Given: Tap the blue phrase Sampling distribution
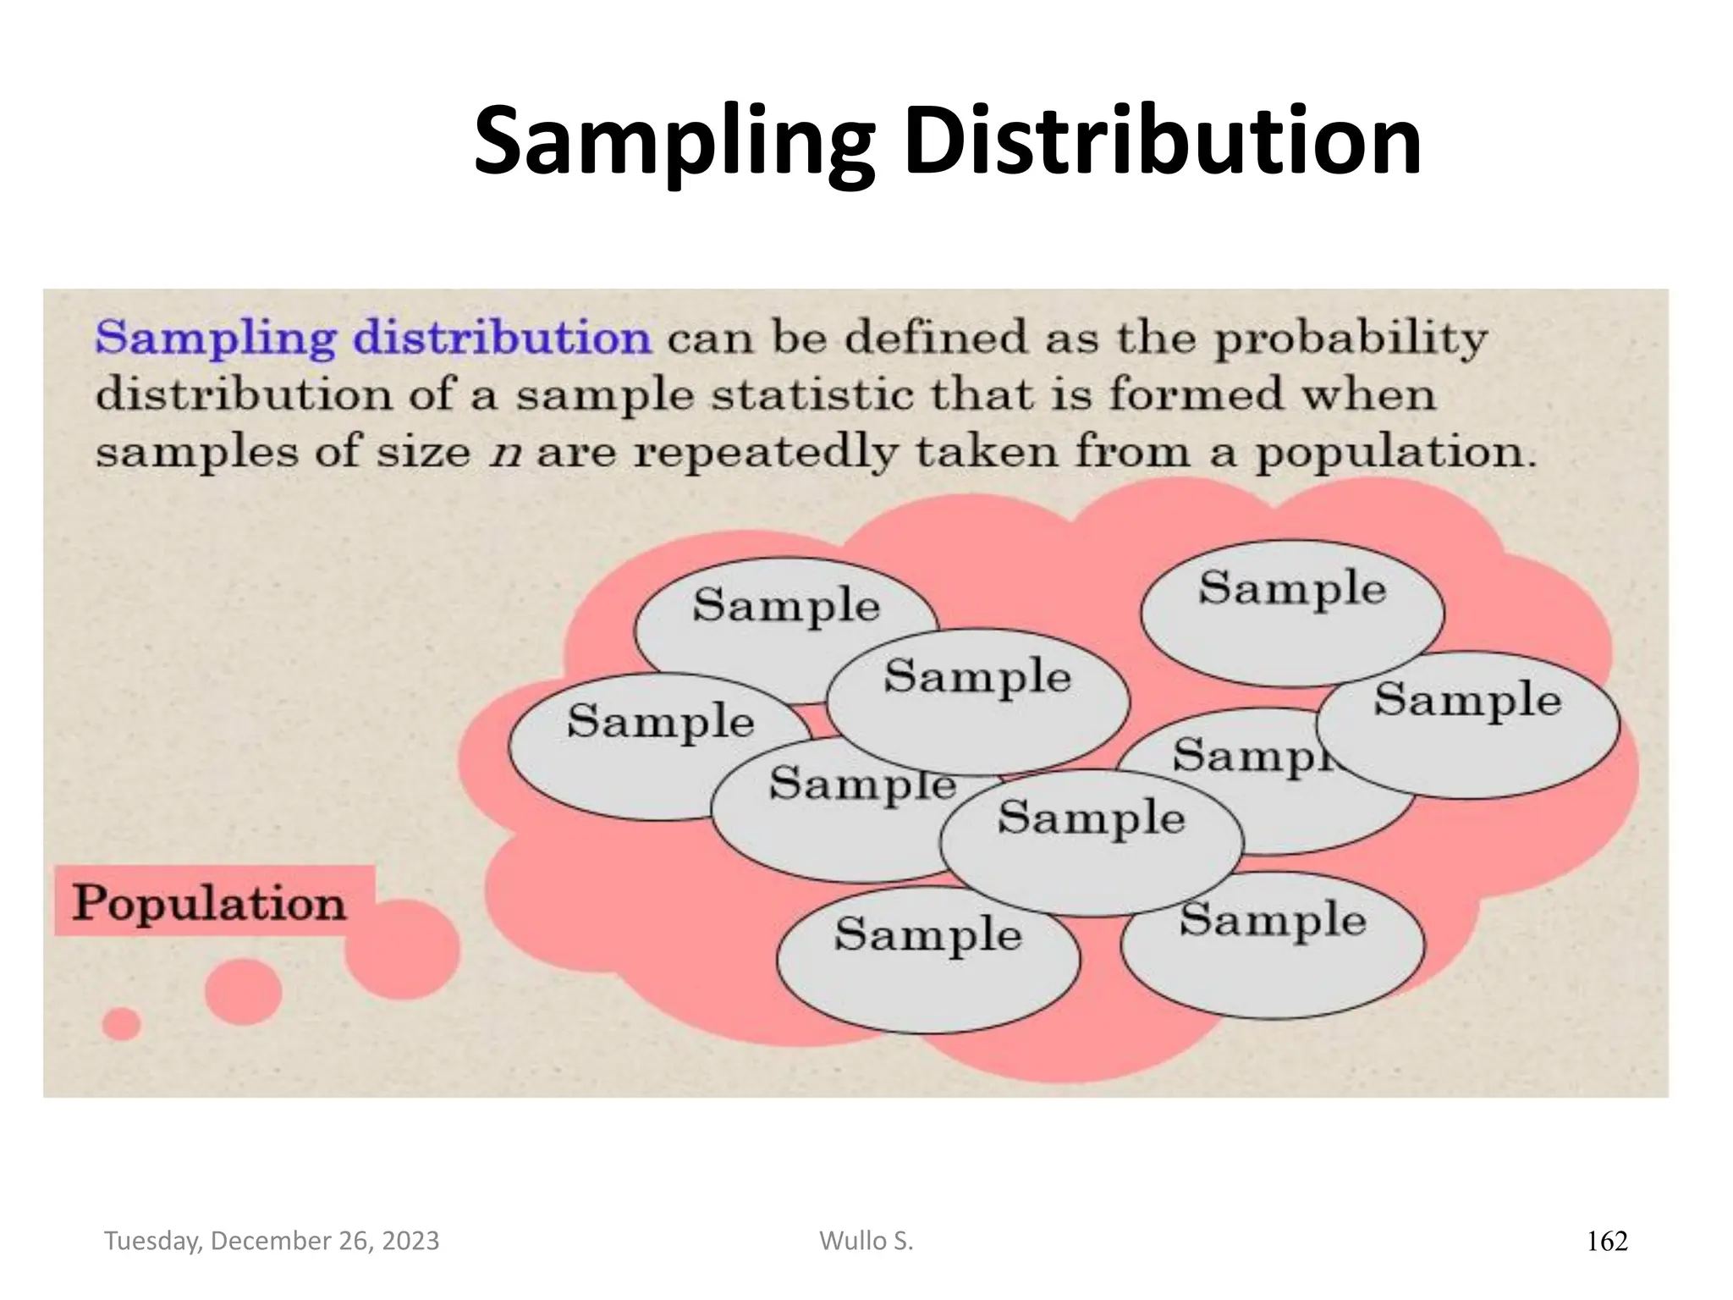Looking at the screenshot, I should [373, 339].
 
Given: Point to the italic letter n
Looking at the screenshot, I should [504, 452].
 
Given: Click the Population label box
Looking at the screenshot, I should [212, 901].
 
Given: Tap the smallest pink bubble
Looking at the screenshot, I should [121, 1024].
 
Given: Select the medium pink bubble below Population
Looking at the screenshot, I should [243, 991].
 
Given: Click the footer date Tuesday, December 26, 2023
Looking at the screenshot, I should [272, 1241].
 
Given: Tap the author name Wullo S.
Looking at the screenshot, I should [866, 1241].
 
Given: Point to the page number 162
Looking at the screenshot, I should [1606, 1242].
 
